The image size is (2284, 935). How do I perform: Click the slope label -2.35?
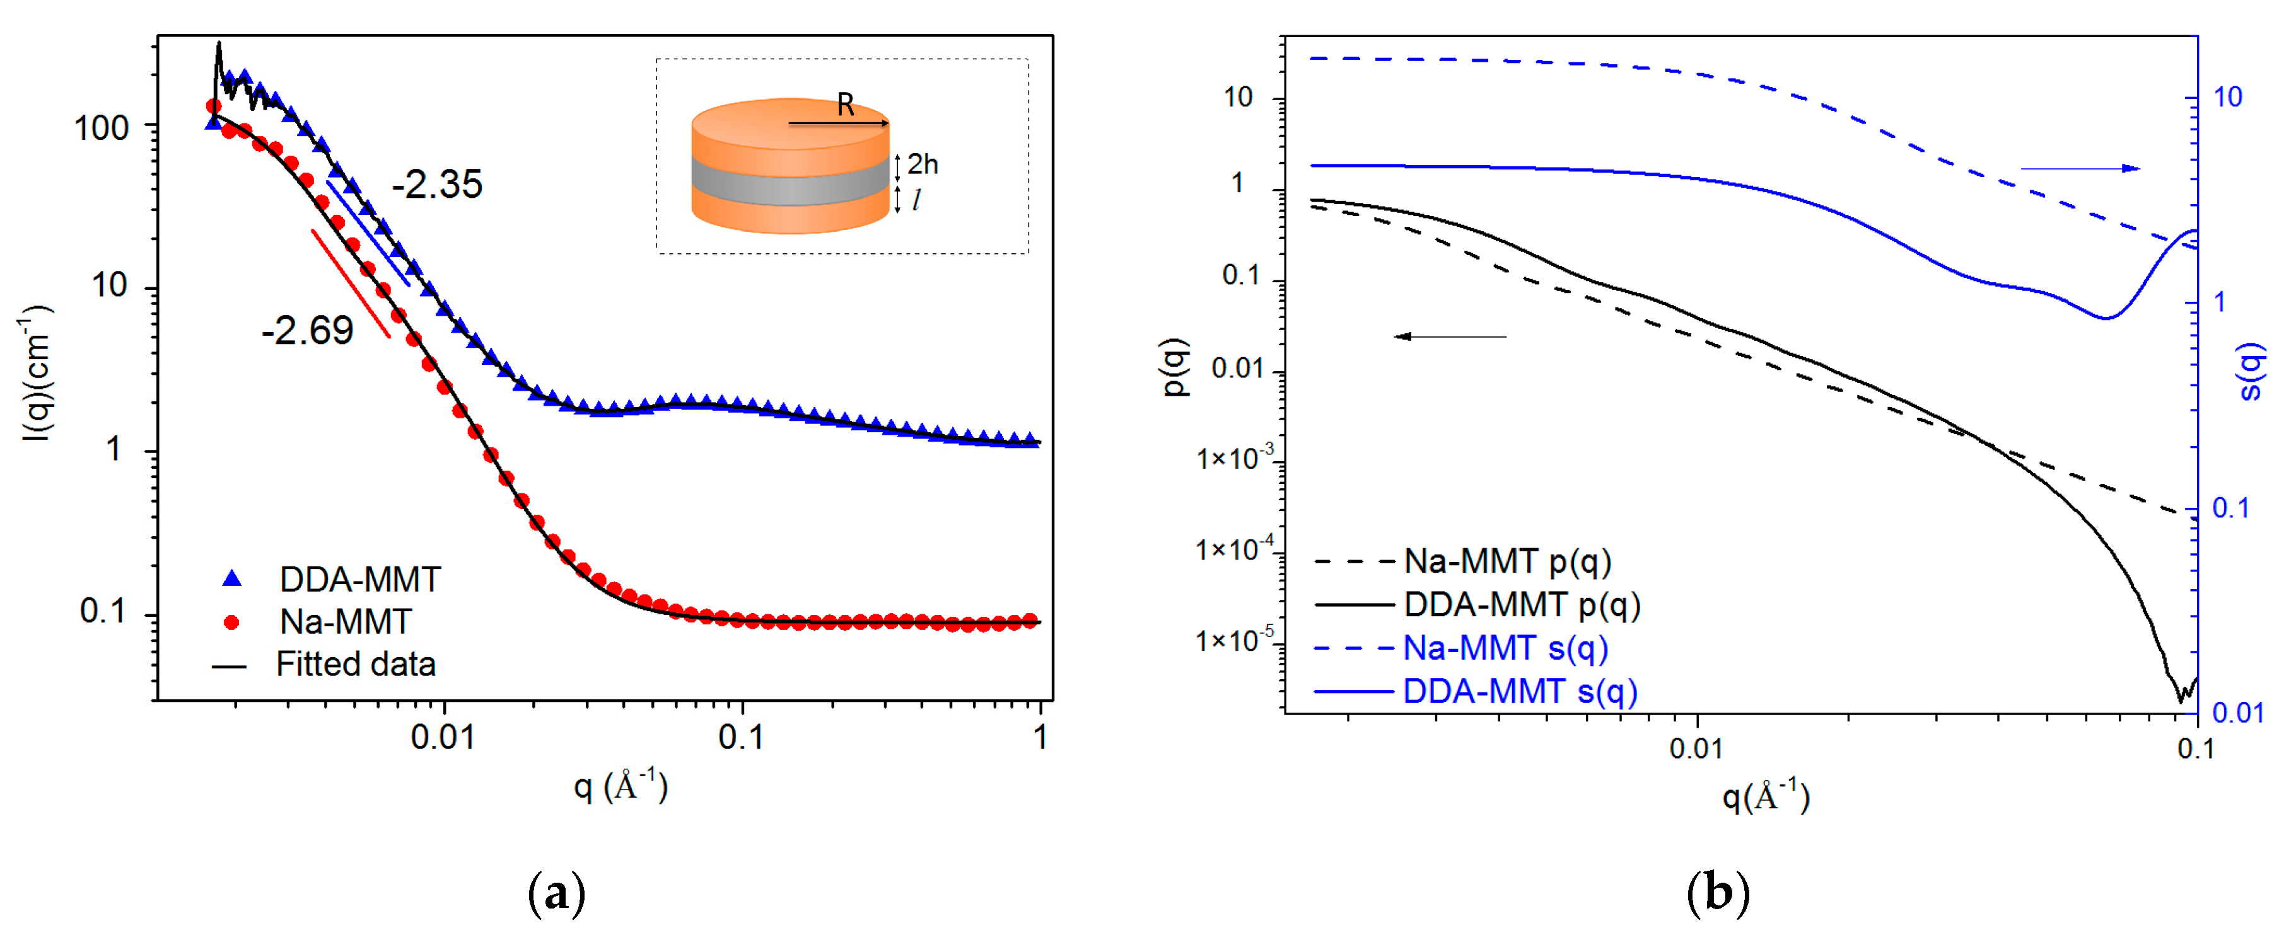pos(437,185)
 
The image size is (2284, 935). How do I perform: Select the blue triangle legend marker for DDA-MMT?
pos(231,579)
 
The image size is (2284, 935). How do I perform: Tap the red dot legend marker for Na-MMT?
pos(231,622)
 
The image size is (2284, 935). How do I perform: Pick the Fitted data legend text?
pos(356,664)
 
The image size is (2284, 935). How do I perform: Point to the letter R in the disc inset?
pos(845,105)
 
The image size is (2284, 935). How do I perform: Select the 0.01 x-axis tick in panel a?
pos(443,737)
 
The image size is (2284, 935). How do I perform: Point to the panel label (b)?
pos(1718,894)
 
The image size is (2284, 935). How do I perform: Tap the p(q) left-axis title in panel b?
pos(1177,367)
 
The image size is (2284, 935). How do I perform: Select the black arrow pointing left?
pos(1450,337)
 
